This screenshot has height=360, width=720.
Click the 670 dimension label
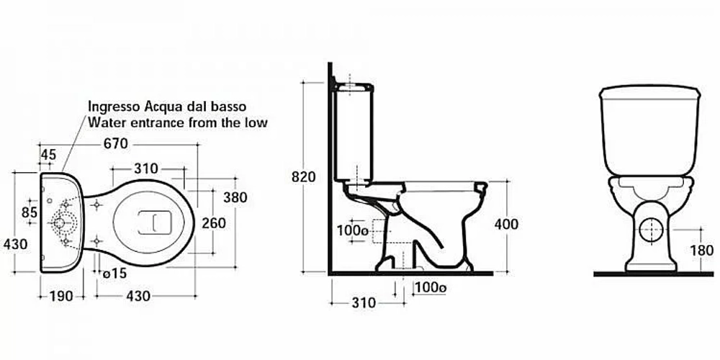pyautogui.click(x=115, y=144)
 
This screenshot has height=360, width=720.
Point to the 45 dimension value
pyautogui.click(x=49, y=155)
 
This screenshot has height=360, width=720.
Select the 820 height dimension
pyautogui.click(x=304, y=177)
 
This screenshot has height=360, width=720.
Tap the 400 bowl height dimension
pyautogui.click(x=506, y=224)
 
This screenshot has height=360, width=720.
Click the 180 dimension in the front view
pyautogui.click(x=701, y=251)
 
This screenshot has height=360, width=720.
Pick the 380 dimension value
pyautogui.click(x=235, y=197)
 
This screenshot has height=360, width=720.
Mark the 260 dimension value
pyautogui.click(x=214, y=223)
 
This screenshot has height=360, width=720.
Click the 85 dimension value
pyautogui.click(x=30, y=212)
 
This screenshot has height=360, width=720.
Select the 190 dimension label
pyautogui.click(x=61, y=296)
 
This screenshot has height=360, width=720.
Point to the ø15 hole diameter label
pyautogui.click(x=114, y=274)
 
